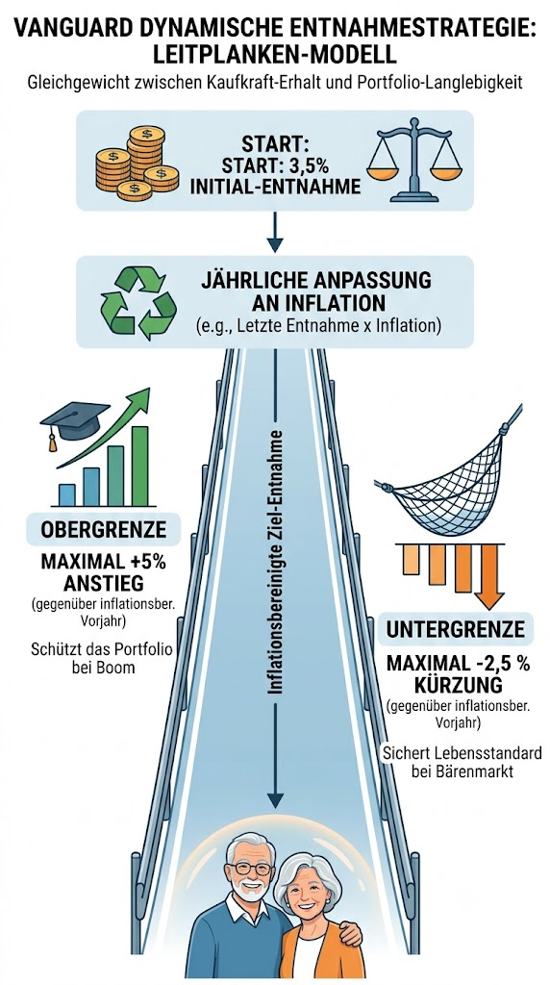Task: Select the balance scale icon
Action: [x=414, y=161]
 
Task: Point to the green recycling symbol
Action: [x=138, y=302]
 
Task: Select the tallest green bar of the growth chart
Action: [x=140, y=467]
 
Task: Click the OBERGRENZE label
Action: [x=104, y=530]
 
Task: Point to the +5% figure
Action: [x=145, y=561]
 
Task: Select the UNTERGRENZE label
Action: [x=455, y=630]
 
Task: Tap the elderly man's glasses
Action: [x=251, y=868]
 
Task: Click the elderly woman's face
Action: [x=311, y=892]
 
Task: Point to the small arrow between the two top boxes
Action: [x=275, y=233]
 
